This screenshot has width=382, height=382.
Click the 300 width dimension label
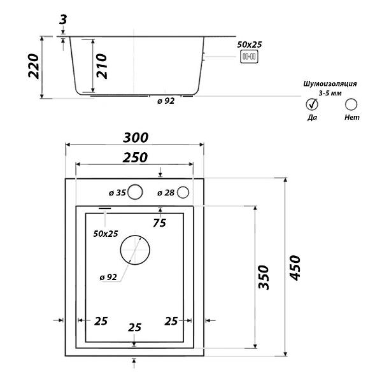click(136, 138)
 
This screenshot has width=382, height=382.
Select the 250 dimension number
click(135, 157)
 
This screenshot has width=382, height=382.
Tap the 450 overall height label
click(295, 268)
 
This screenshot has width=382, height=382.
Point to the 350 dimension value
click(264, 278)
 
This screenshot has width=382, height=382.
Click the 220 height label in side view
click(34, 66)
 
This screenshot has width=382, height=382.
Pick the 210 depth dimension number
click(102, 66)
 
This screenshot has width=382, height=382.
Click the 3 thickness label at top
click(63, 20)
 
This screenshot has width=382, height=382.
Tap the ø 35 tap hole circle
click(135, 192)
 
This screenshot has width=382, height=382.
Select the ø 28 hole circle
click(183, 192)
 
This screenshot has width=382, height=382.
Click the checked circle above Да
click(312, 104)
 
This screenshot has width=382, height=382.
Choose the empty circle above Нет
click(351, 104)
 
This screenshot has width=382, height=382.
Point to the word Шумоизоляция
click(330, 84)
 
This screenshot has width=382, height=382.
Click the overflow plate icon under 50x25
click(249, 57)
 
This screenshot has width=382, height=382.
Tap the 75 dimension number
click(160, 223)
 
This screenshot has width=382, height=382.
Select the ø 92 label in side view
click(166, 101)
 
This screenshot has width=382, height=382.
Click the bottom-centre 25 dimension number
click(135, 327)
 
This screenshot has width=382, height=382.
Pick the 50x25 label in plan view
click(106, 234)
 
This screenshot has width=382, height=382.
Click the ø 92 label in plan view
click(108, 277)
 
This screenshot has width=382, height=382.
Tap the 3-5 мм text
click(330, 93)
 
